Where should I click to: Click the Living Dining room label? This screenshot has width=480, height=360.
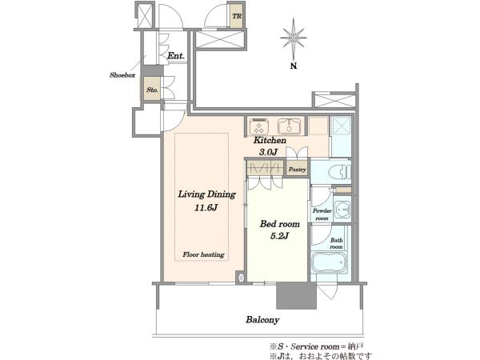[x=207, y=194]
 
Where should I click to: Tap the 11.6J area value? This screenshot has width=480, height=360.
[x=206, y=208]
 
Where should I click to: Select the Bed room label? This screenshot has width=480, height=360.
[x=279, y=224]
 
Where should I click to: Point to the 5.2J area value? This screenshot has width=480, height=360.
[x=279, y=236]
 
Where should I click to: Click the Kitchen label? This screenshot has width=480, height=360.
[x=270, y=140]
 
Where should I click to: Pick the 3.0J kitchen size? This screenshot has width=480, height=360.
[x=268, y=152]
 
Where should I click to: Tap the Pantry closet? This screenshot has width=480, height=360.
[x=297, y=170]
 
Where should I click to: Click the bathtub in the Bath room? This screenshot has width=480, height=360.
[x=329, y=262]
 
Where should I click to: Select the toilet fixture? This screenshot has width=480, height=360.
[x=339, y=172]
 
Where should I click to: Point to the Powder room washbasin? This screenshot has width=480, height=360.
[x=342, y=210]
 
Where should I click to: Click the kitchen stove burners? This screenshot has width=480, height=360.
[x=259, y=126]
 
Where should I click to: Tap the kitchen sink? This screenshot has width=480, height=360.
[x=290, y=126]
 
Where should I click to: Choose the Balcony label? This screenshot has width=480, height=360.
[x=262, y=320]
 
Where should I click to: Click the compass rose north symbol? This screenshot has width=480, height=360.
[x=294, y=38]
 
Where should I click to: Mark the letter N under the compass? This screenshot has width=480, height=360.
[x=294, y=66]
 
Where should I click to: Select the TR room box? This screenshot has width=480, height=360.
[x=237, y=16]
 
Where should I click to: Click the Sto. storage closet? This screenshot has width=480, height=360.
[x=152, y=89]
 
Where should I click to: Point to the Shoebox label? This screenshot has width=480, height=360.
[x=122, y=75]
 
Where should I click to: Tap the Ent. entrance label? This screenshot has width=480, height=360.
[x=176, y=56]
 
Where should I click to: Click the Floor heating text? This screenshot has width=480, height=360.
[x=203, y=254]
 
